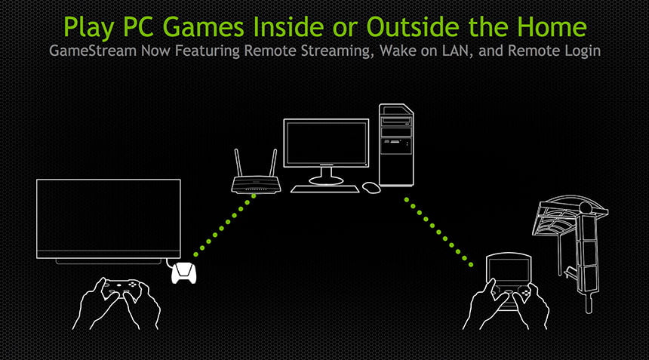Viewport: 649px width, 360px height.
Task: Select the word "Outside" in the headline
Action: click(x=413, y=27)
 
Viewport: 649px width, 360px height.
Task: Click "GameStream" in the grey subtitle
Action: click(x=93, y=51)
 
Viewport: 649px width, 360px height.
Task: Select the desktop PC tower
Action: click(x=396, y=145)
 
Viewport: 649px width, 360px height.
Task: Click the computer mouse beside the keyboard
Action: click(x=371, y=187)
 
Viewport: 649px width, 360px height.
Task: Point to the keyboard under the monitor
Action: click(x=325, y=189)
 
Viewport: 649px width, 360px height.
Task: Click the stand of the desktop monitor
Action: click(x=326, y=177)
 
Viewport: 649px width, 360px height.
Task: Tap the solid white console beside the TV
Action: click(x=184, y=273)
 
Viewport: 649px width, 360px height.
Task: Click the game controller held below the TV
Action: click(x=121, y=288)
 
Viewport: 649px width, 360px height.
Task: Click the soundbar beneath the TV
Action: click(x=109, y=262)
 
